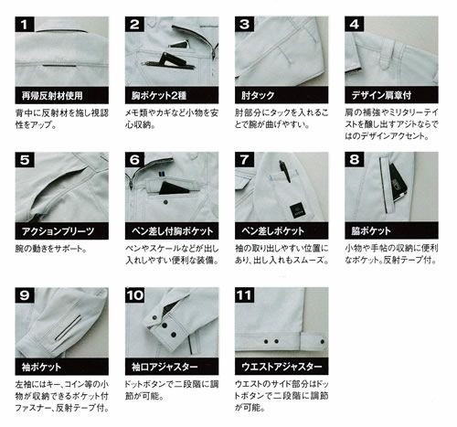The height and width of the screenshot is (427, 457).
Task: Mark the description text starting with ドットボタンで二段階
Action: (x=165, y=393)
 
